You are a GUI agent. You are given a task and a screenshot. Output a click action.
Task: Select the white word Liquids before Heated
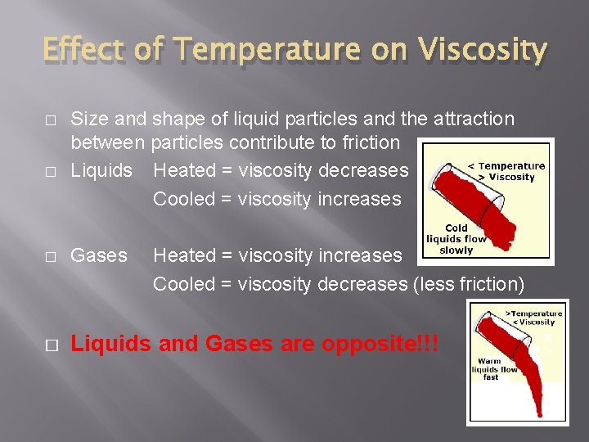point(101,170)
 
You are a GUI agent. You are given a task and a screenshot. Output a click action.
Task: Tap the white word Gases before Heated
point(99,255)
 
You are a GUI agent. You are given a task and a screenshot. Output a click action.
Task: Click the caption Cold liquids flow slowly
point(456,239)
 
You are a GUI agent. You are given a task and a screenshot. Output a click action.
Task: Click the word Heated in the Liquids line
point(184,170)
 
